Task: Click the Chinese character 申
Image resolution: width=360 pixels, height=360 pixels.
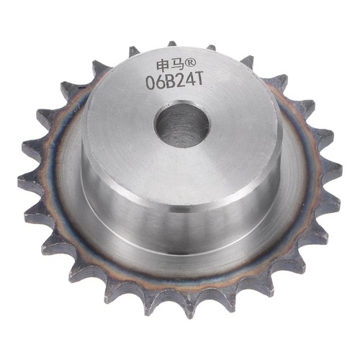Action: pyautogui.click(x=163, y=65)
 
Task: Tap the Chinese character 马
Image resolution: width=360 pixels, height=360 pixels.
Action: pyautogui.click(x=176, y=65)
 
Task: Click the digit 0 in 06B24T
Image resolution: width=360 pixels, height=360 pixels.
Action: pyautogui.click(x=150, y=84)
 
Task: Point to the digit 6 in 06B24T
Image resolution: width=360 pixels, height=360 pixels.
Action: pyautogui.click(x=161, y=83)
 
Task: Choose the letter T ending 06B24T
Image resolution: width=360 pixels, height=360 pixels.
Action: pyautogui.click(x=199, y=80)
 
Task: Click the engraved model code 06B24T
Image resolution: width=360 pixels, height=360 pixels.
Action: pyautogui.click(x=175, y=82)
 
